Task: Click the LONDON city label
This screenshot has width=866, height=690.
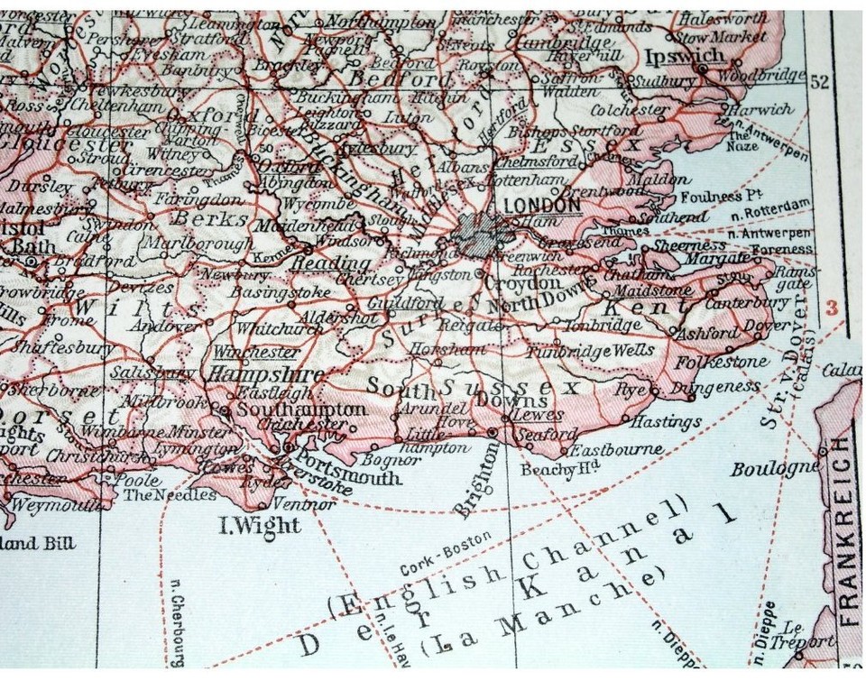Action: click(x=542, y=206)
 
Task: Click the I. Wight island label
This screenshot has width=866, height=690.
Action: click(x=260, y=525)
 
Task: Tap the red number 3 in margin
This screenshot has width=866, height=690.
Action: click(x=832, y=307)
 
